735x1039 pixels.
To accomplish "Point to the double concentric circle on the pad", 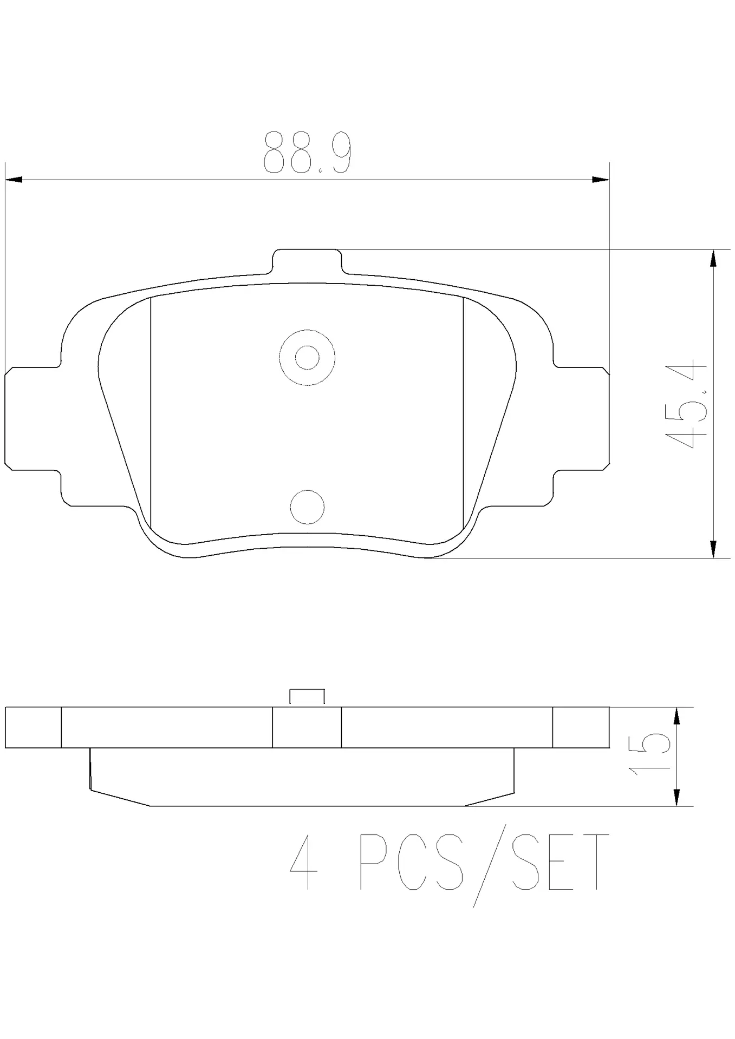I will coord(307,358).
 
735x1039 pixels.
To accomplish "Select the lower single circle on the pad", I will coord(307,507).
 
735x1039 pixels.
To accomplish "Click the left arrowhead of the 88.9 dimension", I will coord(13,180).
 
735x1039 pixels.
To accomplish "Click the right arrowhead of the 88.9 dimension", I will coord(600,180).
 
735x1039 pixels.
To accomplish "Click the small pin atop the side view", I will coord(307,697).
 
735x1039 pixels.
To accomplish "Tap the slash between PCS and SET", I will coord(489,866).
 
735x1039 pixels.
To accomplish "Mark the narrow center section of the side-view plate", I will coord(307,727).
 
